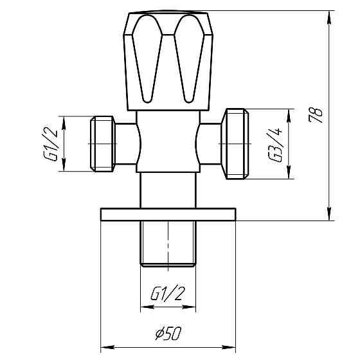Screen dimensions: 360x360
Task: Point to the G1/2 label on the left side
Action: [x=53, y=145]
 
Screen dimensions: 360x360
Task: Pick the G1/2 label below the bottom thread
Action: [x=167, y=294]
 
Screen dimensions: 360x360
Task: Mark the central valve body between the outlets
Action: [x=167, y=143]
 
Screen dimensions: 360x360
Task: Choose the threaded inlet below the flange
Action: [x=167, y=243]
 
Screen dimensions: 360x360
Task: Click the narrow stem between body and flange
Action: [x=167, y=190]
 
